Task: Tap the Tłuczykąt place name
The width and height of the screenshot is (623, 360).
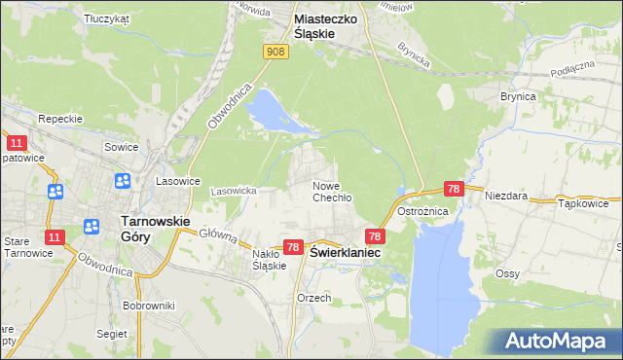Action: [x=107, y=18]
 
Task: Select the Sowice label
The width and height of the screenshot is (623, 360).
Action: [x=121, y=147]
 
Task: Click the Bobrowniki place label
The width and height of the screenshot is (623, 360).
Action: [x=148, y=305]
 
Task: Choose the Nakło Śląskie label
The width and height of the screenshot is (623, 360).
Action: [x=269, y=259]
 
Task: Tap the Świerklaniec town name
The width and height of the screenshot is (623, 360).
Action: [x=346, y=252]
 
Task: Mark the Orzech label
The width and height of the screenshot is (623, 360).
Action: [x=314, y=298]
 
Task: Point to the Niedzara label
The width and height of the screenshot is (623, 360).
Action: [x=506, y=196]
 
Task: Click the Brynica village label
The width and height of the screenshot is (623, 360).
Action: [x=518, y=97]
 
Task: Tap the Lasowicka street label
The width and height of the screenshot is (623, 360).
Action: [x=233, y=191]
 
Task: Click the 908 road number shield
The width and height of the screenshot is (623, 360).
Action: [x=275, y=52]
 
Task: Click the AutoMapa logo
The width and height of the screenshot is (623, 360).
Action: [x=556, y=341]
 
